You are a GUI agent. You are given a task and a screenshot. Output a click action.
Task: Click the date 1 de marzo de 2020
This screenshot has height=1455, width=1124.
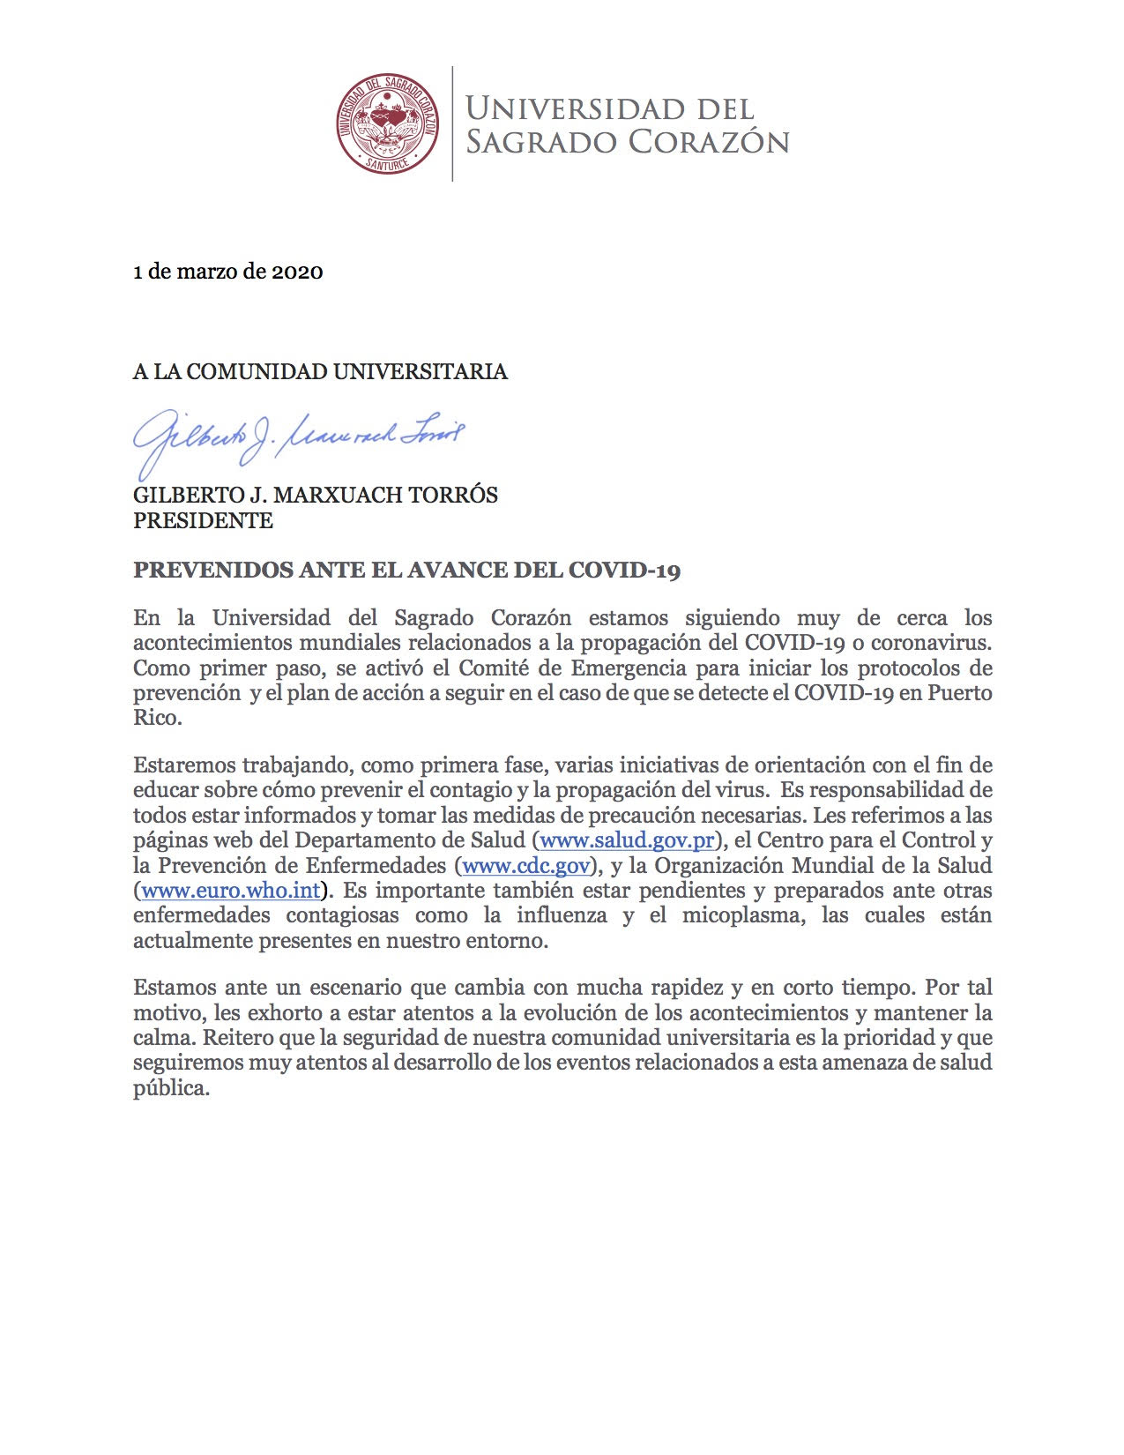tap(227, 272)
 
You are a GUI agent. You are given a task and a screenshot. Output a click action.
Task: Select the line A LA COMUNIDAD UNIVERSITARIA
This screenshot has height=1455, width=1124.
tap(320, 371)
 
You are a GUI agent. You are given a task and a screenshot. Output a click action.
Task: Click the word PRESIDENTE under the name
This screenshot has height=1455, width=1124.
tap(203, 520)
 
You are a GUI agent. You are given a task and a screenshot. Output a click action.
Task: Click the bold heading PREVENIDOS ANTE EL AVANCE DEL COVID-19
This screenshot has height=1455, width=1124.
tap(406, 570)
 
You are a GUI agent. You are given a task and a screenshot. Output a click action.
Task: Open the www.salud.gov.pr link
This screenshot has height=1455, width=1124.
tap(627, 840)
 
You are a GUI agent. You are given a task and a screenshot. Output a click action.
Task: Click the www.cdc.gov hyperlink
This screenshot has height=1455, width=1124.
tap(525, 865)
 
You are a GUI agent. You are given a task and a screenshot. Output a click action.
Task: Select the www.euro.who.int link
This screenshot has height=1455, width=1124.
tap(230, 890)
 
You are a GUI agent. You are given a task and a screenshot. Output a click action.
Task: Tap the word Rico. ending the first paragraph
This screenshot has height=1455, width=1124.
tap(158, 718)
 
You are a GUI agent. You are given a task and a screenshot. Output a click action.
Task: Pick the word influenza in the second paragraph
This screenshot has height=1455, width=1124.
tap(562, 915)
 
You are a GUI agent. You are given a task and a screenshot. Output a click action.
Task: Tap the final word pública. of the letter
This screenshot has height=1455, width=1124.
tap(172, 1088)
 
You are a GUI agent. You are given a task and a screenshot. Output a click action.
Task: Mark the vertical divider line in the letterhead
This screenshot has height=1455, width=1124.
tap(452, 123)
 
